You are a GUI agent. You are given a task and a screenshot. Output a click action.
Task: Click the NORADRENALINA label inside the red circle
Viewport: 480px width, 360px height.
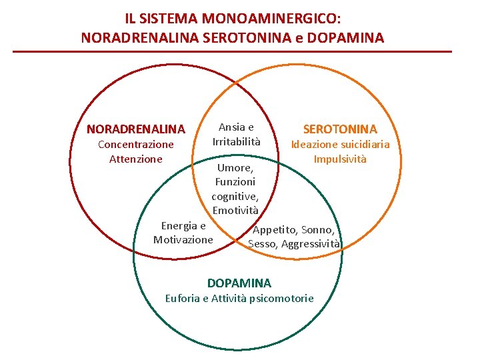pyautogui.click(x=136, y=129)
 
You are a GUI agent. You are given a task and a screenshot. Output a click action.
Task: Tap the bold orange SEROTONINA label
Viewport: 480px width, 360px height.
pyautogui.click(x=340, y=129)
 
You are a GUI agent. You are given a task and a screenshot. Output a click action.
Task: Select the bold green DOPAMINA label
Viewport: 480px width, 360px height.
pyautogui.click(x=239, y=283)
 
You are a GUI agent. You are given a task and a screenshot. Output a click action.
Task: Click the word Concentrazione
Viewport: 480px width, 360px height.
pyautogui.click(x=136, y=144)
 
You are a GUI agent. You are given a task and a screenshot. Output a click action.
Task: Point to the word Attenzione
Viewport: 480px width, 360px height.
pyautogui.click(x=136, y=159)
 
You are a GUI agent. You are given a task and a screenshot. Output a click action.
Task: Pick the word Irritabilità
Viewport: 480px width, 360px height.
pyautogui.click(x=237, y=141)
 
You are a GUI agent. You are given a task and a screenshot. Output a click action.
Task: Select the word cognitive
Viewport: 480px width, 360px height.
pyautogui.click(x=234, y=197)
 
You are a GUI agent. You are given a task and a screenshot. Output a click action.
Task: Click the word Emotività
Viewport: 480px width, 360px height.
pyautogui.click(x=235, y=211)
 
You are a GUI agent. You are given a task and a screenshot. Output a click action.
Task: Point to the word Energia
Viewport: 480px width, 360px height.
pyautogui.click(x=179, y=225)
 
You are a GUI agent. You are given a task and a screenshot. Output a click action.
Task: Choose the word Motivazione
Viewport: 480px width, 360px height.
pyautogui.click(x=183, y=239)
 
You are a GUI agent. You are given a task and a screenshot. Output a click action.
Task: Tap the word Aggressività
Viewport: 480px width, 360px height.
pyautogui.click(x=311, y=244)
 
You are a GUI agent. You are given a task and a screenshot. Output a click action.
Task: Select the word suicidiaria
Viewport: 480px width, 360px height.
pyautogui.click(x=364, y=144)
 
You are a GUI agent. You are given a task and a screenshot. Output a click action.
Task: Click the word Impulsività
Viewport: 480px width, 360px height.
pyautogui.click(x=340, y=159)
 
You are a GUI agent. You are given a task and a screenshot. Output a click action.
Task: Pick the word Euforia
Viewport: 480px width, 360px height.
pyautogui.click(x=182, y=298)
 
